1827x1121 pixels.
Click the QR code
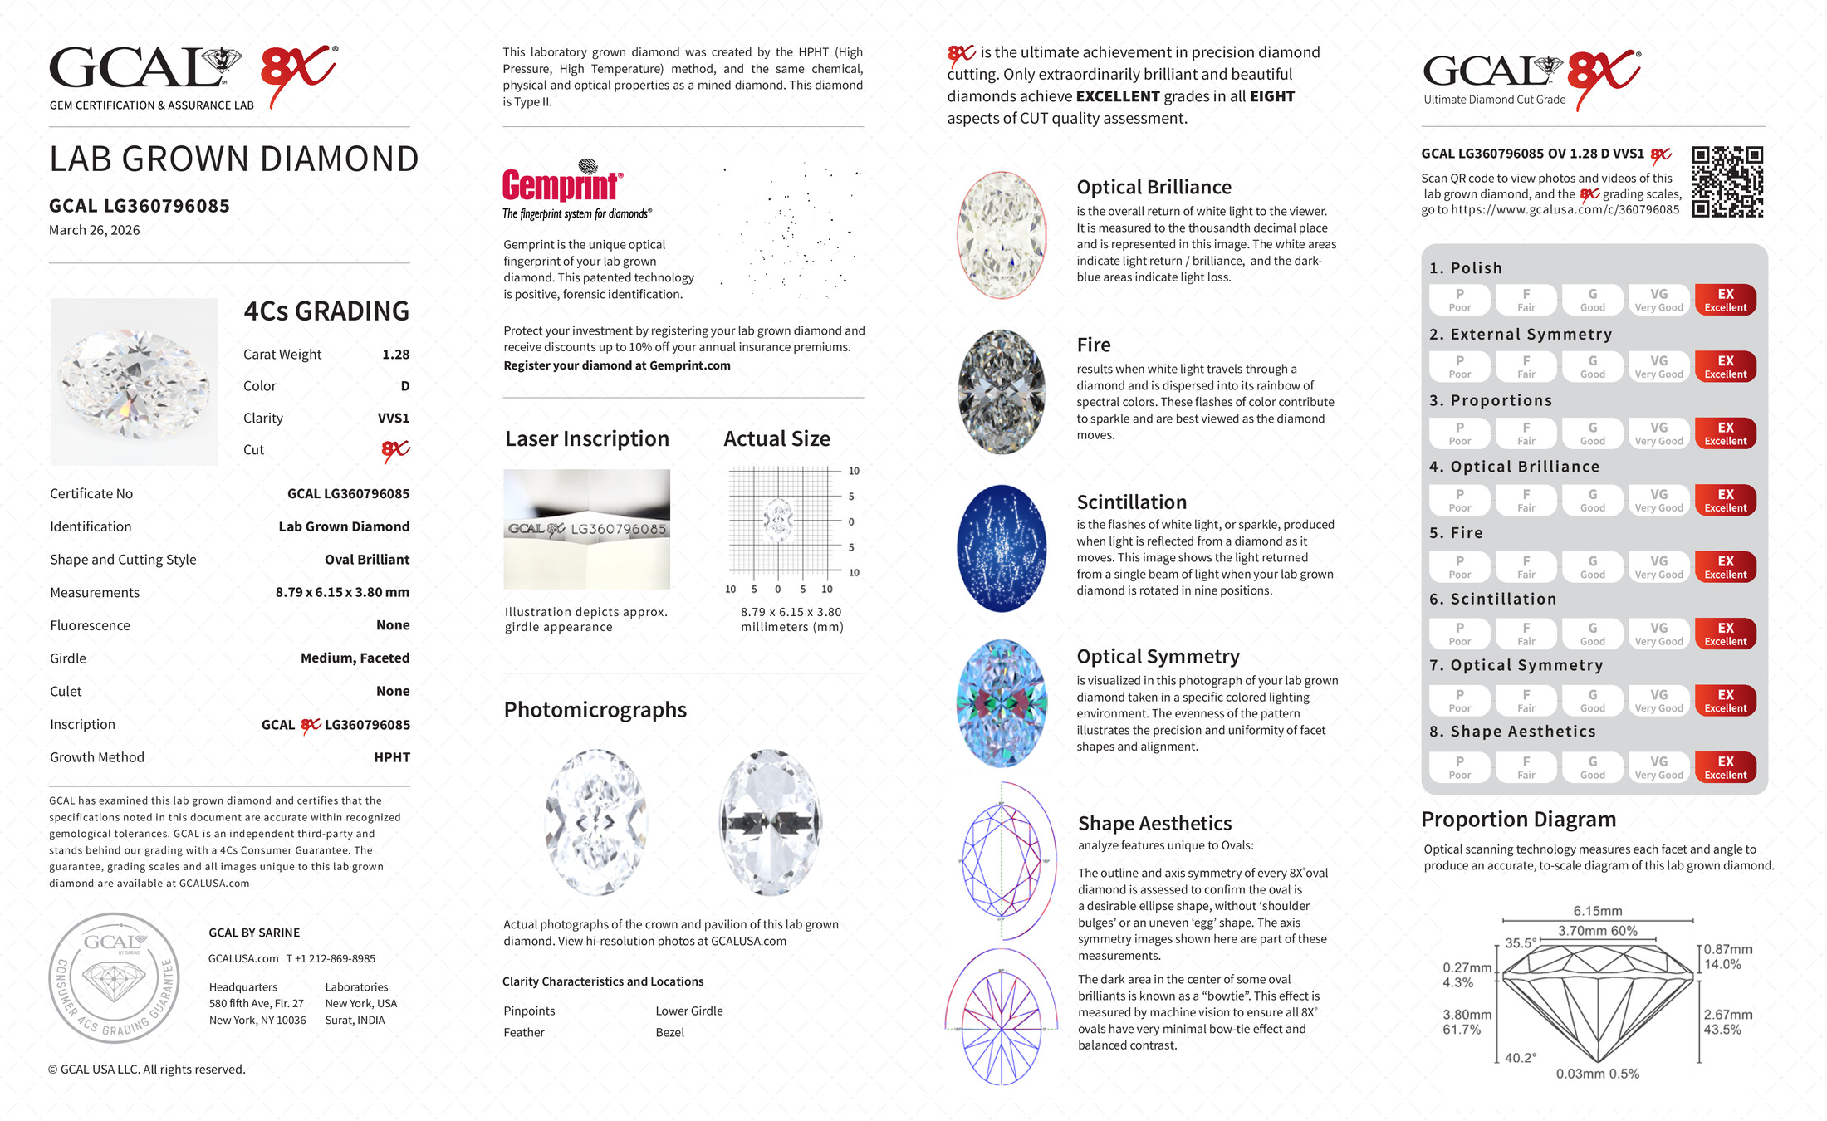click(1727, 182)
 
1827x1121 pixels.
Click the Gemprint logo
click(562, 184)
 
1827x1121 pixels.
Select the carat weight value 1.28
click(395, 355)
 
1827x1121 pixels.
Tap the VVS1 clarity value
click(393, 419)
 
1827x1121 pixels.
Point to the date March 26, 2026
click(94, 230)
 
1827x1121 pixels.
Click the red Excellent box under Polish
click(1725, 300)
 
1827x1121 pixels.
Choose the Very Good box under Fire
click(1658, 567)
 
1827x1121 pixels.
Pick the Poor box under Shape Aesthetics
click(1459, 767)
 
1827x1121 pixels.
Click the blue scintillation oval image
click(1002, 549)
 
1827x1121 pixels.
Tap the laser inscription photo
click(586, 529)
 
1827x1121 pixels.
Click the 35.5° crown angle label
click(1520, 943)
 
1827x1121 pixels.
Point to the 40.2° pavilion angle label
click(1520, 1058)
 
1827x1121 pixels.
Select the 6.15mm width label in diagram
click(1597, 911)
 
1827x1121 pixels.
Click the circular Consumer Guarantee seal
click(114, 977)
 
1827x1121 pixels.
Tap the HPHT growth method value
click(391, 757)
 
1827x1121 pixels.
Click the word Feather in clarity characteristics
click(523, 1032)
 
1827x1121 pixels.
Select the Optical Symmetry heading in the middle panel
click(1158, 657)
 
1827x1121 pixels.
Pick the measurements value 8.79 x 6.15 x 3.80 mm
click(342, 593)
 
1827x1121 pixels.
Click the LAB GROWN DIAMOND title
click(233, 159)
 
